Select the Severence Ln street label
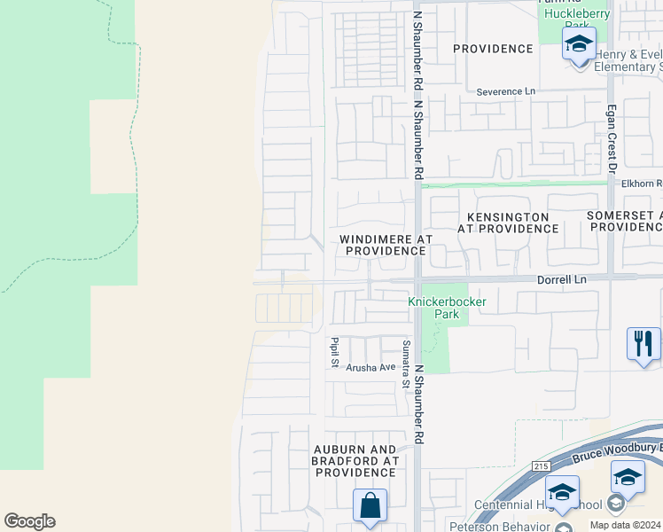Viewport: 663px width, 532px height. click(x=506, y=91)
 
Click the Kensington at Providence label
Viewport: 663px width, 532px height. click(x=508, y=223)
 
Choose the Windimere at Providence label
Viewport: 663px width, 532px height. click(x=386, y=245)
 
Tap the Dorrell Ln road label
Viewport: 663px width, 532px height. click(x=562, y=278)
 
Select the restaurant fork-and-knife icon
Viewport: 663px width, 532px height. click(x=643, y=344)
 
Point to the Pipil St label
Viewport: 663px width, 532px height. click(x=335, y=352)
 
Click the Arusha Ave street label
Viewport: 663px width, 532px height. click(x=370, y=367)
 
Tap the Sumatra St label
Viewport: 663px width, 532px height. click(x=406, y=364)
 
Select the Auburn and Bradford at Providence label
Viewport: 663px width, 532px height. click(x=355, y=461)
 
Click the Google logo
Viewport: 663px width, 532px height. click(x=29, y=521)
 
